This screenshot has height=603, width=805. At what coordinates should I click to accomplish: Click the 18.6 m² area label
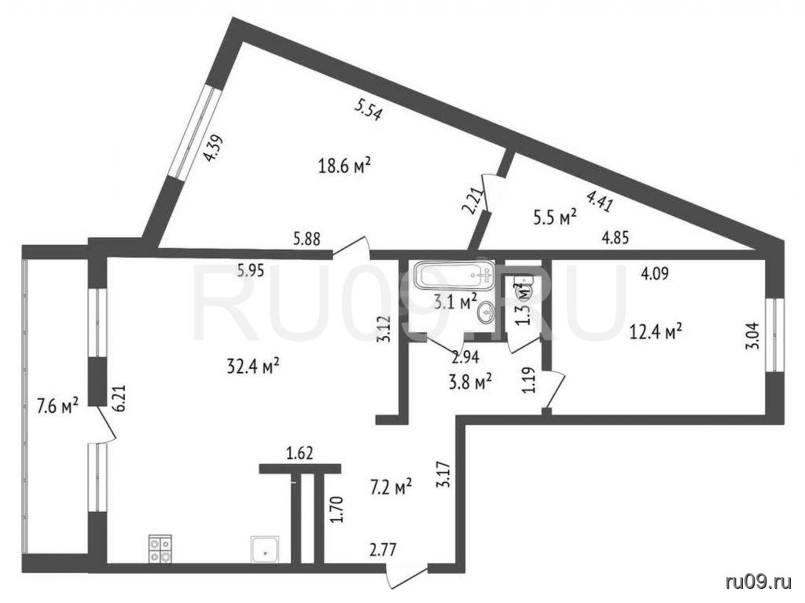344,166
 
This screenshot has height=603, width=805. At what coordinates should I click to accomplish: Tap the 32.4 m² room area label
253,366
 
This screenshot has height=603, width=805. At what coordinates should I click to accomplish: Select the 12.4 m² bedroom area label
656,332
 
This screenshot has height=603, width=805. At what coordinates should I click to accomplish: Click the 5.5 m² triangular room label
556,217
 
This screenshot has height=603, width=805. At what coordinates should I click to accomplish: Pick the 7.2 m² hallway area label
391,487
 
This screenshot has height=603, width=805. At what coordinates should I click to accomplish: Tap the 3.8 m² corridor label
471,382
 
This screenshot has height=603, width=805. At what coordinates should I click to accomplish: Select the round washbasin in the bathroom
486,312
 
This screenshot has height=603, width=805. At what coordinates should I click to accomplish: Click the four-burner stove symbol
160,549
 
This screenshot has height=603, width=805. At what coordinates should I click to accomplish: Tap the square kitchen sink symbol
265,550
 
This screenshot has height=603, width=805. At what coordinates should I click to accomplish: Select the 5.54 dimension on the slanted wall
369,110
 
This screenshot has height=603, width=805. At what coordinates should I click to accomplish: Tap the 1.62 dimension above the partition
300,453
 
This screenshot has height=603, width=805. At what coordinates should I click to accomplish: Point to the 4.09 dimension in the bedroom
655,274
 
